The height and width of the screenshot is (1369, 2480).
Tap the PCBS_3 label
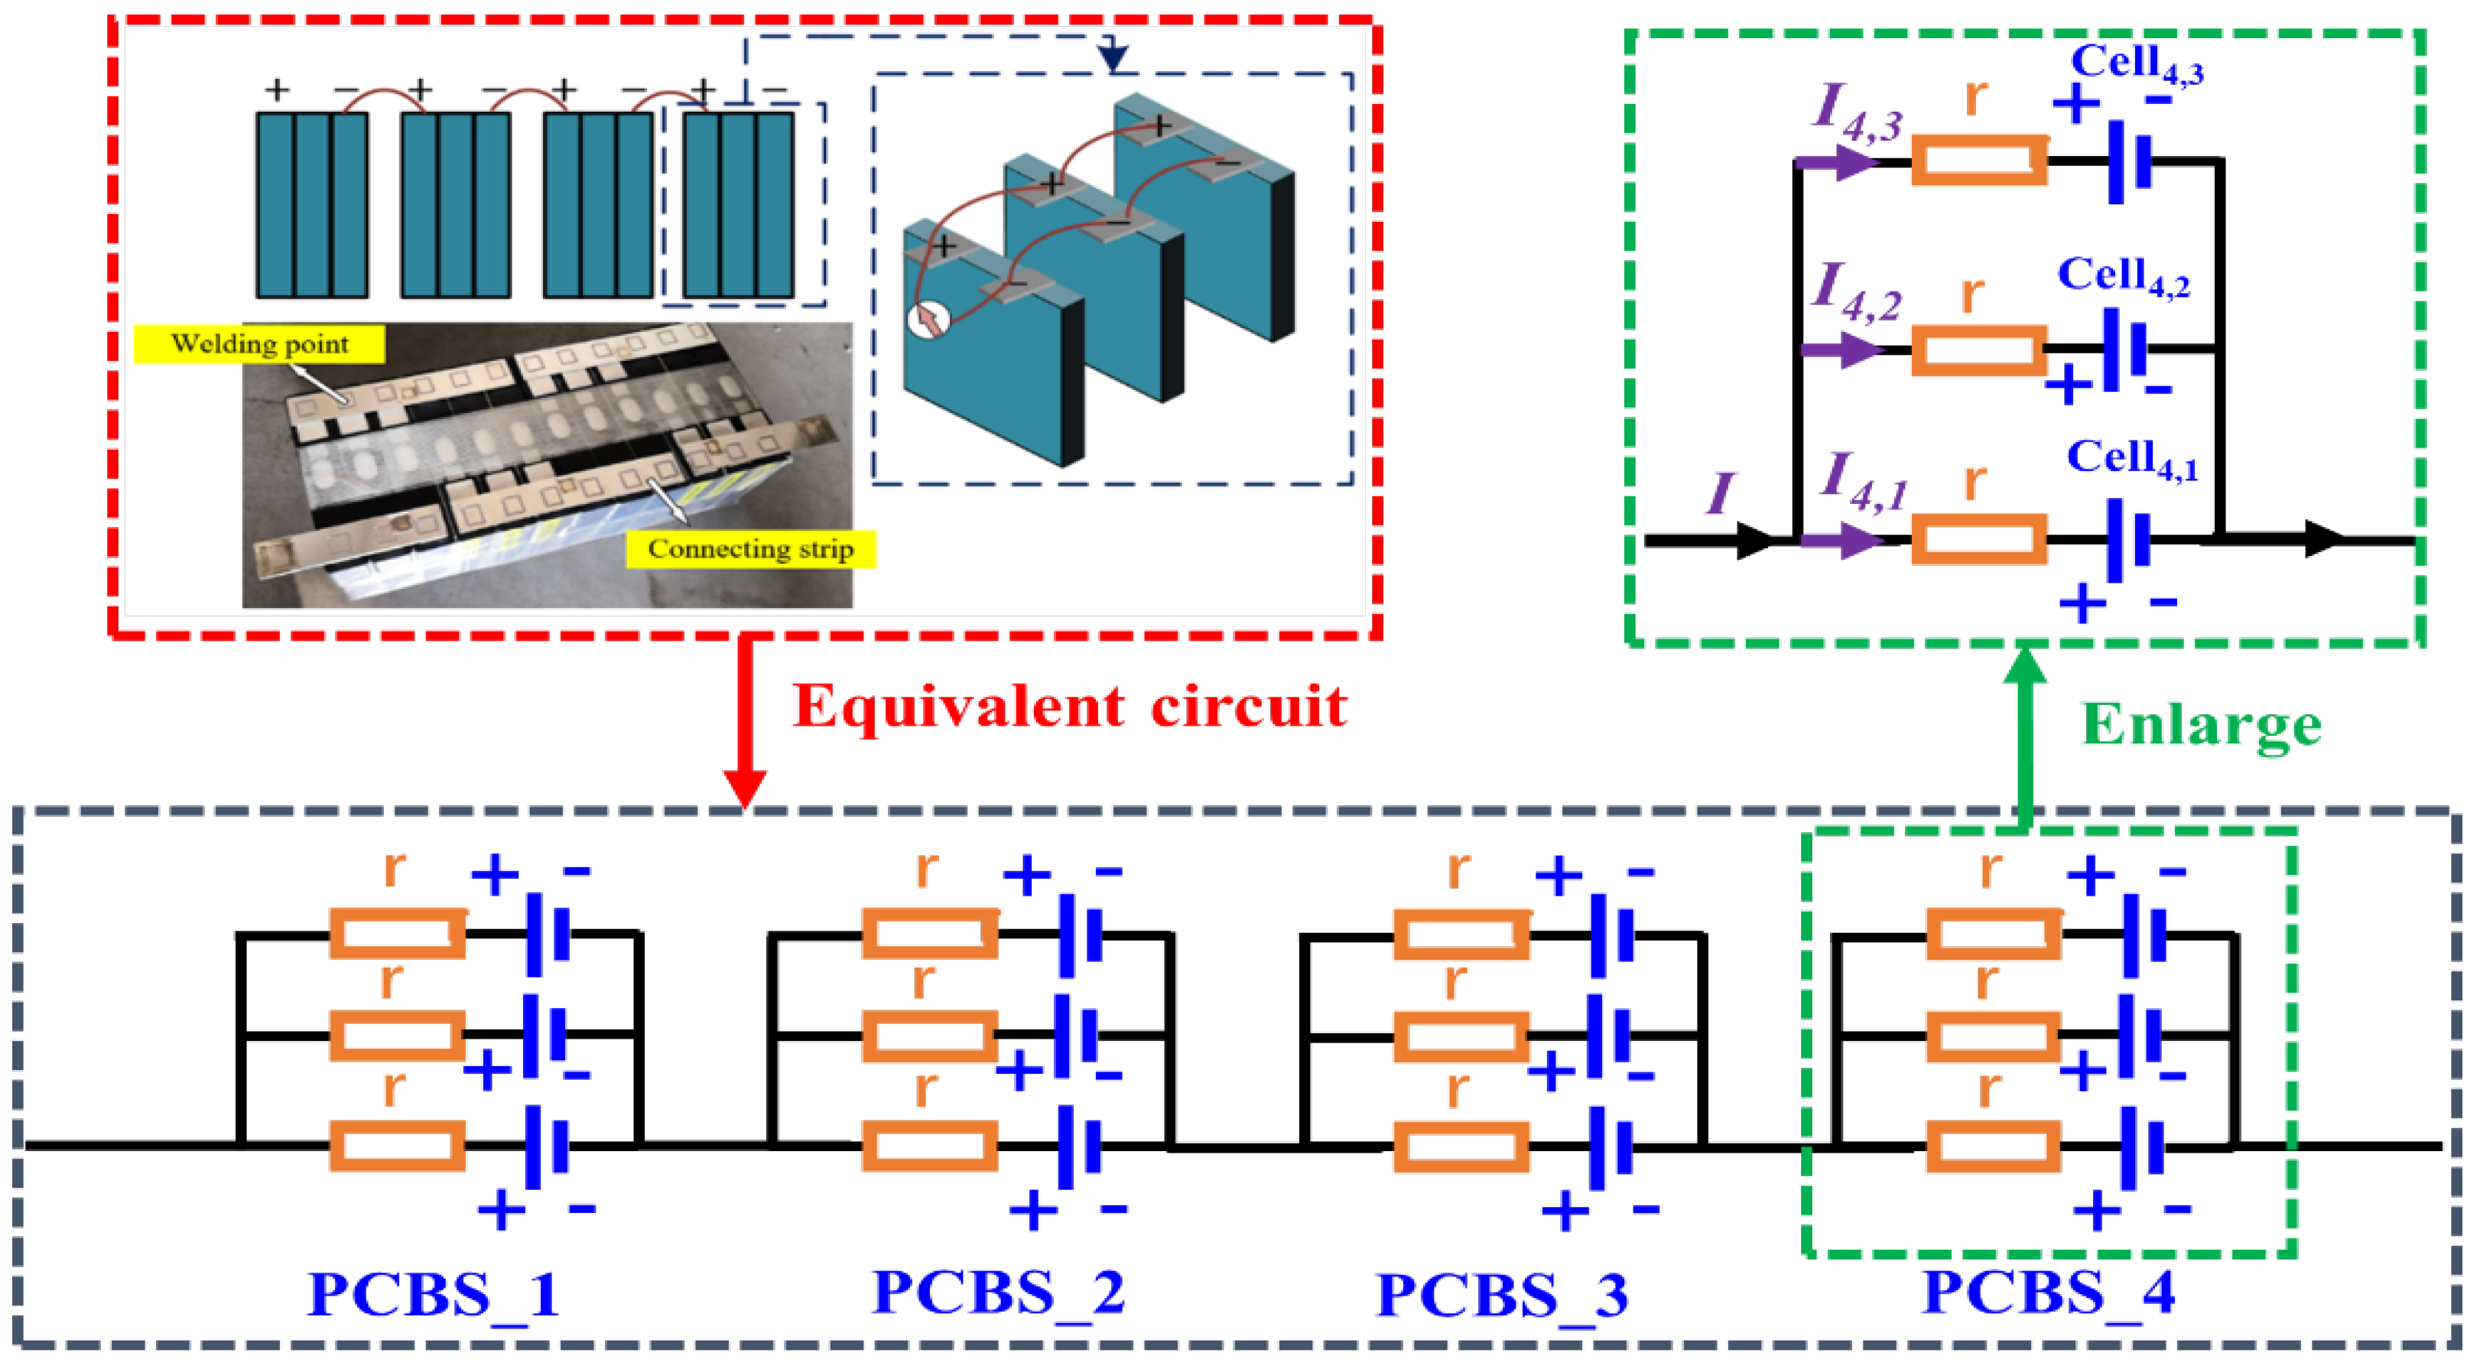[1502, 1296]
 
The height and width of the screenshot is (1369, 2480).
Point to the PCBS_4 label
[2048, 1293]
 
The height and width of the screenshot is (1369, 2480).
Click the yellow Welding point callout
[259, 343]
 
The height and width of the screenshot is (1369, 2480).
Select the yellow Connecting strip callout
[750, 549]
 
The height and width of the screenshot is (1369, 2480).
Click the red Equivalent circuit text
[1068, 707]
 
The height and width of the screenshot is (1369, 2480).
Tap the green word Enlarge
[2201, 724]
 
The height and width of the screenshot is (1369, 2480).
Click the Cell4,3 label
[2135, 63]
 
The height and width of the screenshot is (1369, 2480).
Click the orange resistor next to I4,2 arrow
[1978, 350]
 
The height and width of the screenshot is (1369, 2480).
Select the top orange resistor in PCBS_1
[397, 933]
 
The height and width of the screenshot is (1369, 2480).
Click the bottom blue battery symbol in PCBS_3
[1610, 1146]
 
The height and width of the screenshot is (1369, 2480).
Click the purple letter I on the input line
[1721, 494]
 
